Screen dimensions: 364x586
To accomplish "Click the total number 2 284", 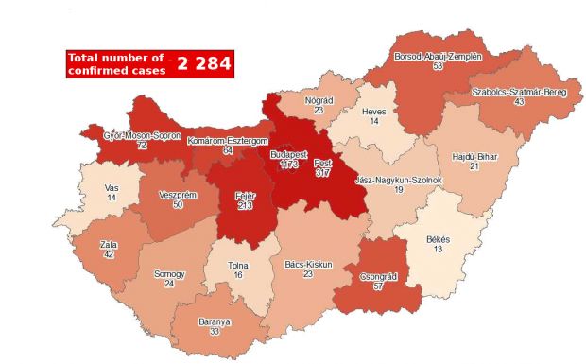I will point(202,64).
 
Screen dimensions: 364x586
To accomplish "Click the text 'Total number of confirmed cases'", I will point(116,64).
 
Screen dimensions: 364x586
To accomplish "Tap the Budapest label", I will point(289,153).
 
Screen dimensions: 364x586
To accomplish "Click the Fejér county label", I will point(246,197).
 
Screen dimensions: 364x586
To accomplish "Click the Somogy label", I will point(169,274).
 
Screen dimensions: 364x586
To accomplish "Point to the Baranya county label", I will point(215,321).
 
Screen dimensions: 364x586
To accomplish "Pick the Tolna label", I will point(238,266).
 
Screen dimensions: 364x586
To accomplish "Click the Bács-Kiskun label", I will point(309,265).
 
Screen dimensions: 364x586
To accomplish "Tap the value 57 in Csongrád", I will point(383,286).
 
